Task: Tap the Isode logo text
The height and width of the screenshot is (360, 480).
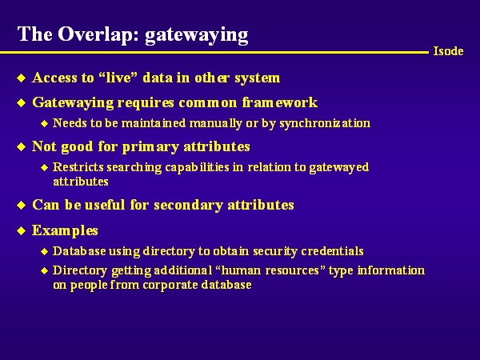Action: (448, 51)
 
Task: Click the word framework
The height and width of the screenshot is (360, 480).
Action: (279, 102)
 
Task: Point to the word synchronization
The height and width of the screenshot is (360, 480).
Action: (325, 123)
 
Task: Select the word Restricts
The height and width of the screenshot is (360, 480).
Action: (78, 167)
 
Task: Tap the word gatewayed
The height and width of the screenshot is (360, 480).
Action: (339, 167)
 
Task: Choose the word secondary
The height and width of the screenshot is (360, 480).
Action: (188, 205)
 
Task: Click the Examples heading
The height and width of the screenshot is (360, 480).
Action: (65, 230)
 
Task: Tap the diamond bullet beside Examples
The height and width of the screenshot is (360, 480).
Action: (21, 230)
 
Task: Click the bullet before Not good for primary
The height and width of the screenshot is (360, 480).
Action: (21, 146)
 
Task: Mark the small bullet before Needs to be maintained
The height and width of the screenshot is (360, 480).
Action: (45, 123)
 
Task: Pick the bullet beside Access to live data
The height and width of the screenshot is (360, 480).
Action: (21, 78)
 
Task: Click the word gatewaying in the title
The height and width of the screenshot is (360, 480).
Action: (196, 35)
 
